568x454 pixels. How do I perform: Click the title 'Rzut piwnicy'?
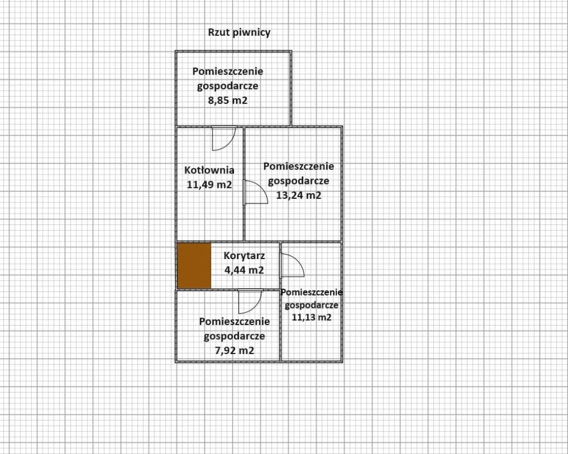pos(239,32)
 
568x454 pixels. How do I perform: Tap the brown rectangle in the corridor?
pos(194,266)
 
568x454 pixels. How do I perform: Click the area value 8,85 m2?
pos(228,101)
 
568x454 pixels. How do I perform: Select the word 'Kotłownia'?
pos(210,170)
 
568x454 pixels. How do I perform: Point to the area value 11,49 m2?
pos(210,184)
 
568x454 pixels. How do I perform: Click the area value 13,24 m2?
pos(299,195)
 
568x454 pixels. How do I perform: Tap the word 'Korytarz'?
pos(244,256)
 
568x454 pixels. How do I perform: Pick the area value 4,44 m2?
pos(244,270)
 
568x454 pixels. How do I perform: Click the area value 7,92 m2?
pos(234,351)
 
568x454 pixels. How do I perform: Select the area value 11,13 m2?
pos(311,318)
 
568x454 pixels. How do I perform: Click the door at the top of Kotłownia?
pos(223,138)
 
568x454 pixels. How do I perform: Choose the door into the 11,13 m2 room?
pos(293,265)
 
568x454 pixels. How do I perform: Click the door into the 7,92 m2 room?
pos(249,301)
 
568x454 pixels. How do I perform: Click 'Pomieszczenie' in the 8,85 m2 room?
pos(228,72)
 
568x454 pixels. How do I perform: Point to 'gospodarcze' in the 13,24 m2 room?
pos(299,181)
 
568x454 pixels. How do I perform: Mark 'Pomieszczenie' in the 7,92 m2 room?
pos(234,322)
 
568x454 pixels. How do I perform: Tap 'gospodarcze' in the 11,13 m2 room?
pos(311,305)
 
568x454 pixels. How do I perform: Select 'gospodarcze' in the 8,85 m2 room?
pos(228,86)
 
